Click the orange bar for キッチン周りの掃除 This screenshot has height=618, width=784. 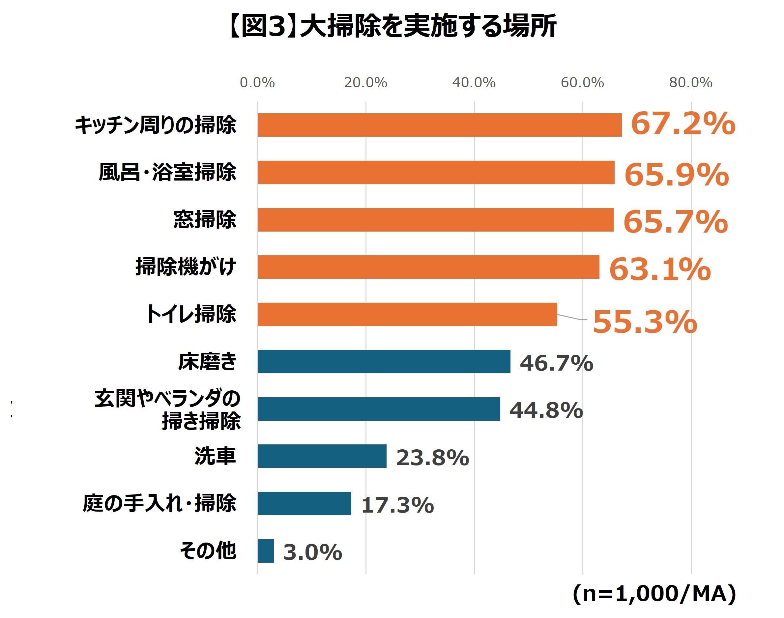[x=439, y=125]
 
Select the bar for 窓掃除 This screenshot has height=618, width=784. [x=435, y=220]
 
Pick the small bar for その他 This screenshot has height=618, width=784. [x=266, y=551]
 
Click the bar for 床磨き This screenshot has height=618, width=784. [x=384, y=361]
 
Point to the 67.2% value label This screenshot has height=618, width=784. [x=682, y=124]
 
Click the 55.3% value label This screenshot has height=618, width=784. [x=645, y=322]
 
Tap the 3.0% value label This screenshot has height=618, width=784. [x=312, y=552]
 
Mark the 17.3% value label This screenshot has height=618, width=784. [x=397, y=505]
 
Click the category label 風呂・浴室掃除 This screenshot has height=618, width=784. [x=167, y=172]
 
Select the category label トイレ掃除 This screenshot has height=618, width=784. [x=191, y=314]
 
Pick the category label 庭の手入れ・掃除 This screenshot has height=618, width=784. [x=159, y=503]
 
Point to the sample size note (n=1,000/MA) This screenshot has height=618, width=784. [x=654, y=594]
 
